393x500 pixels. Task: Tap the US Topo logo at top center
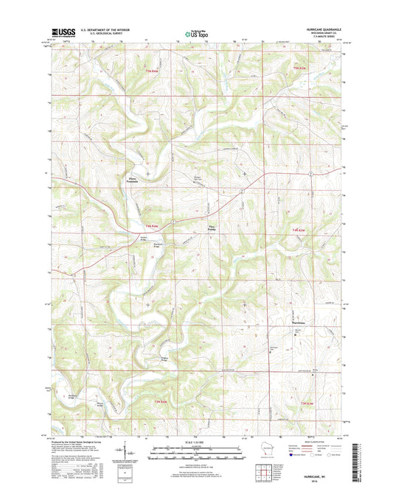click(x=196, y=32)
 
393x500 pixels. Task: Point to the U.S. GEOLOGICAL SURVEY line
click(x=101, y=34)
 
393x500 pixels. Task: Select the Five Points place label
click(x=215, y=228)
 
